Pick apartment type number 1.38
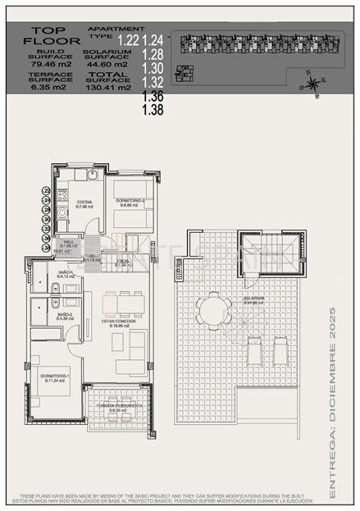153,108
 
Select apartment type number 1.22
128,39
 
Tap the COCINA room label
84,203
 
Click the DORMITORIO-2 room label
130,201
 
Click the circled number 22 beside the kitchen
47,190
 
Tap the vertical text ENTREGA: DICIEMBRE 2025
332,402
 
